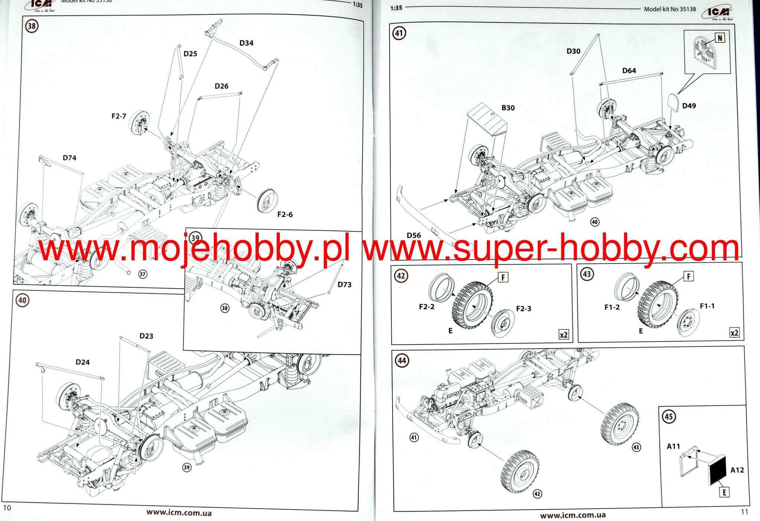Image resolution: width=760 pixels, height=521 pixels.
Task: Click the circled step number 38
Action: tap(32, 26)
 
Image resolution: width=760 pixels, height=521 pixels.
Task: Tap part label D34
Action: tap(246, 43)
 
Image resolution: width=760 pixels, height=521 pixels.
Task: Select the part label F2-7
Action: tap(119, 116)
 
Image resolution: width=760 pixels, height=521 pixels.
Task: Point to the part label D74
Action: tap(69, 158)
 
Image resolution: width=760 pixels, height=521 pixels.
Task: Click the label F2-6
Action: tap(285, 214)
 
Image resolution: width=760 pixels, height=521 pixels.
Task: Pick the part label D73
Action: tap(344, 284)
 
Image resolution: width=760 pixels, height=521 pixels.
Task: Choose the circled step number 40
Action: tap(22, 300)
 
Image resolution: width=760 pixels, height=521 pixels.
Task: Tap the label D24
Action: tap(82, 362)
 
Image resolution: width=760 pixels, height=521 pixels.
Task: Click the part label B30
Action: tap(508, 108)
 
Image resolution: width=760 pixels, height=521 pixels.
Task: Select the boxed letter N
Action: tap(720, 38)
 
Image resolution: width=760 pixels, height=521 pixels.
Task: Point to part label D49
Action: tap(689, 106)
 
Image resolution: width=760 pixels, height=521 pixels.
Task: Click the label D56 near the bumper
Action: tap(414, 235)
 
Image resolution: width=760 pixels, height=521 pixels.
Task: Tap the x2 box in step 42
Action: tap(563, 334)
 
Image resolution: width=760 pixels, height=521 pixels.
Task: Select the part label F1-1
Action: tap(707, 306)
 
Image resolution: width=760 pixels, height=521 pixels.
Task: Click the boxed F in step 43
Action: tap(689, 276)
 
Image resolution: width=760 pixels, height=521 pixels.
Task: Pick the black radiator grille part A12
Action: tap(717, 470)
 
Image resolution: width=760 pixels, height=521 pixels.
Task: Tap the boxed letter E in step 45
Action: tap(724, 492)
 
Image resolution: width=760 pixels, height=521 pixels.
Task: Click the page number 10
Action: tap(7, 507)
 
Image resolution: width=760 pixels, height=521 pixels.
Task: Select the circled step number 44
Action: tap(402, 360)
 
